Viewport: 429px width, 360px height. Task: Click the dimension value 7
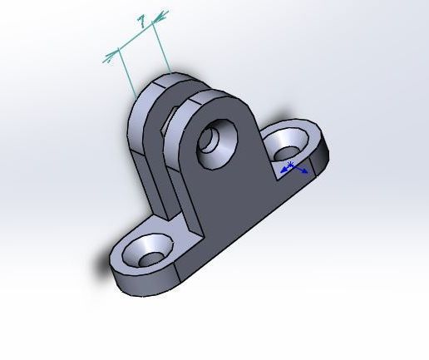pos(142,22)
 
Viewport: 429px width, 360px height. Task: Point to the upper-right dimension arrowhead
pos(160,17)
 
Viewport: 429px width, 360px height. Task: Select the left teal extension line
pos(127,72)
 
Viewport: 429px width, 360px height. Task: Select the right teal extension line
pos(161,47)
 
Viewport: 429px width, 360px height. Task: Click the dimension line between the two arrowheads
pos(136,36)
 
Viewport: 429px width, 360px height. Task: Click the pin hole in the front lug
pos(217,144)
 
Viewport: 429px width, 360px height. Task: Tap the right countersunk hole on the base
pos(288,145)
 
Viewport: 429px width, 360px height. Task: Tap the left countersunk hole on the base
pos(147,251)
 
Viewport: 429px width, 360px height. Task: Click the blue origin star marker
pos(290,165)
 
